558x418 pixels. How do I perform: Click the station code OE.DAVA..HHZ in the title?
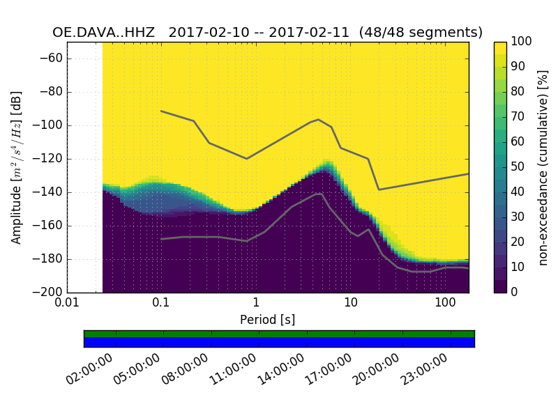106,33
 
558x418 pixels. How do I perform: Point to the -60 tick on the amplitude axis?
53,59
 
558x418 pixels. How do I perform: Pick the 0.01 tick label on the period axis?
67,304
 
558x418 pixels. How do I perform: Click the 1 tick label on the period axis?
256,304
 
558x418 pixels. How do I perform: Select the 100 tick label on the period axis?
445,304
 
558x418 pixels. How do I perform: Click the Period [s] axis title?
267,320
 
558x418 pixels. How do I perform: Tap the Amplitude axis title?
17,167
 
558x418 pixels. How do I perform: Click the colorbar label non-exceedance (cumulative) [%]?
543,167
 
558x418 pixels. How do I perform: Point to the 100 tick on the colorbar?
521,42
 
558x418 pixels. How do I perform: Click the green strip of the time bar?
279,334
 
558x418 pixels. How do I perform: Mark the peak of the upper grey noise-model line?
319,119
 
